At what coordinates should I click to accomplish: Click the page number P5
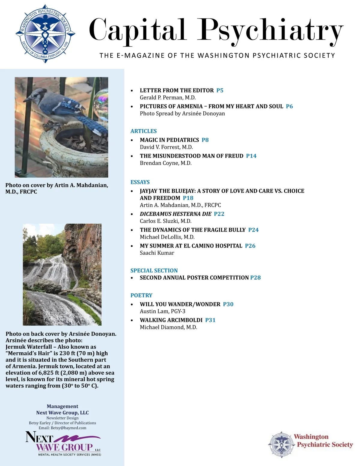pos(220,90)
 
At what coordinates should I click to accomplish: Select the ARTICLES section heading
pos(143,131)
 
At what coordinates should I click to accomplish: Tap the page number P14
pos(251,156)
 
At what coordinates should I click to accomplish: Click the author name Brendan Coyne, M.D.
pos(166,163)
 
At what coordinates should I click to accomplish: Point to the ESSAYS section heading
pos(140,182)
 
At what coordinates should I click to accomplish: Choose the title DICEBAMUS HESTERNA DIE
pos(175,214)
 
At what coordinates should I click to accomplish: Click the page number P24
pos(253,230)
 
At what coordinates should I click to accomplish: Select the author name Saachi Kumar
pos(157,253)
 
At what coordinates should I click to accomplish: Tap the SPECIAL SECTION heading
pos(154,270)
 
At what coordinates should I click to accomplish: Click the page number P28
pos(255,278)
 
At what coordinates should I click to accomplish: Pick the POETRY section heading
pos(141,295)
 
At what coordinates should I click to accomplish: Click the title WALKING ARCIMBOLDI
pos(171,320)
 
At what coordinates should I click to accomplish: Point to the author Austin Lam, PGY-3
pos(163,311)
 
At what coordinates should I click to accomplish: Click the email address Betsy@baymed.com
pos(68,428)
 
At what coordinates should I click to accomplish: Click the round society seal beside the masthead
pos(45,34)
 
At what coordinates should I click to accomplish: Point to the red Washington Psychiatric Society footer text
pos(324,441)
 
